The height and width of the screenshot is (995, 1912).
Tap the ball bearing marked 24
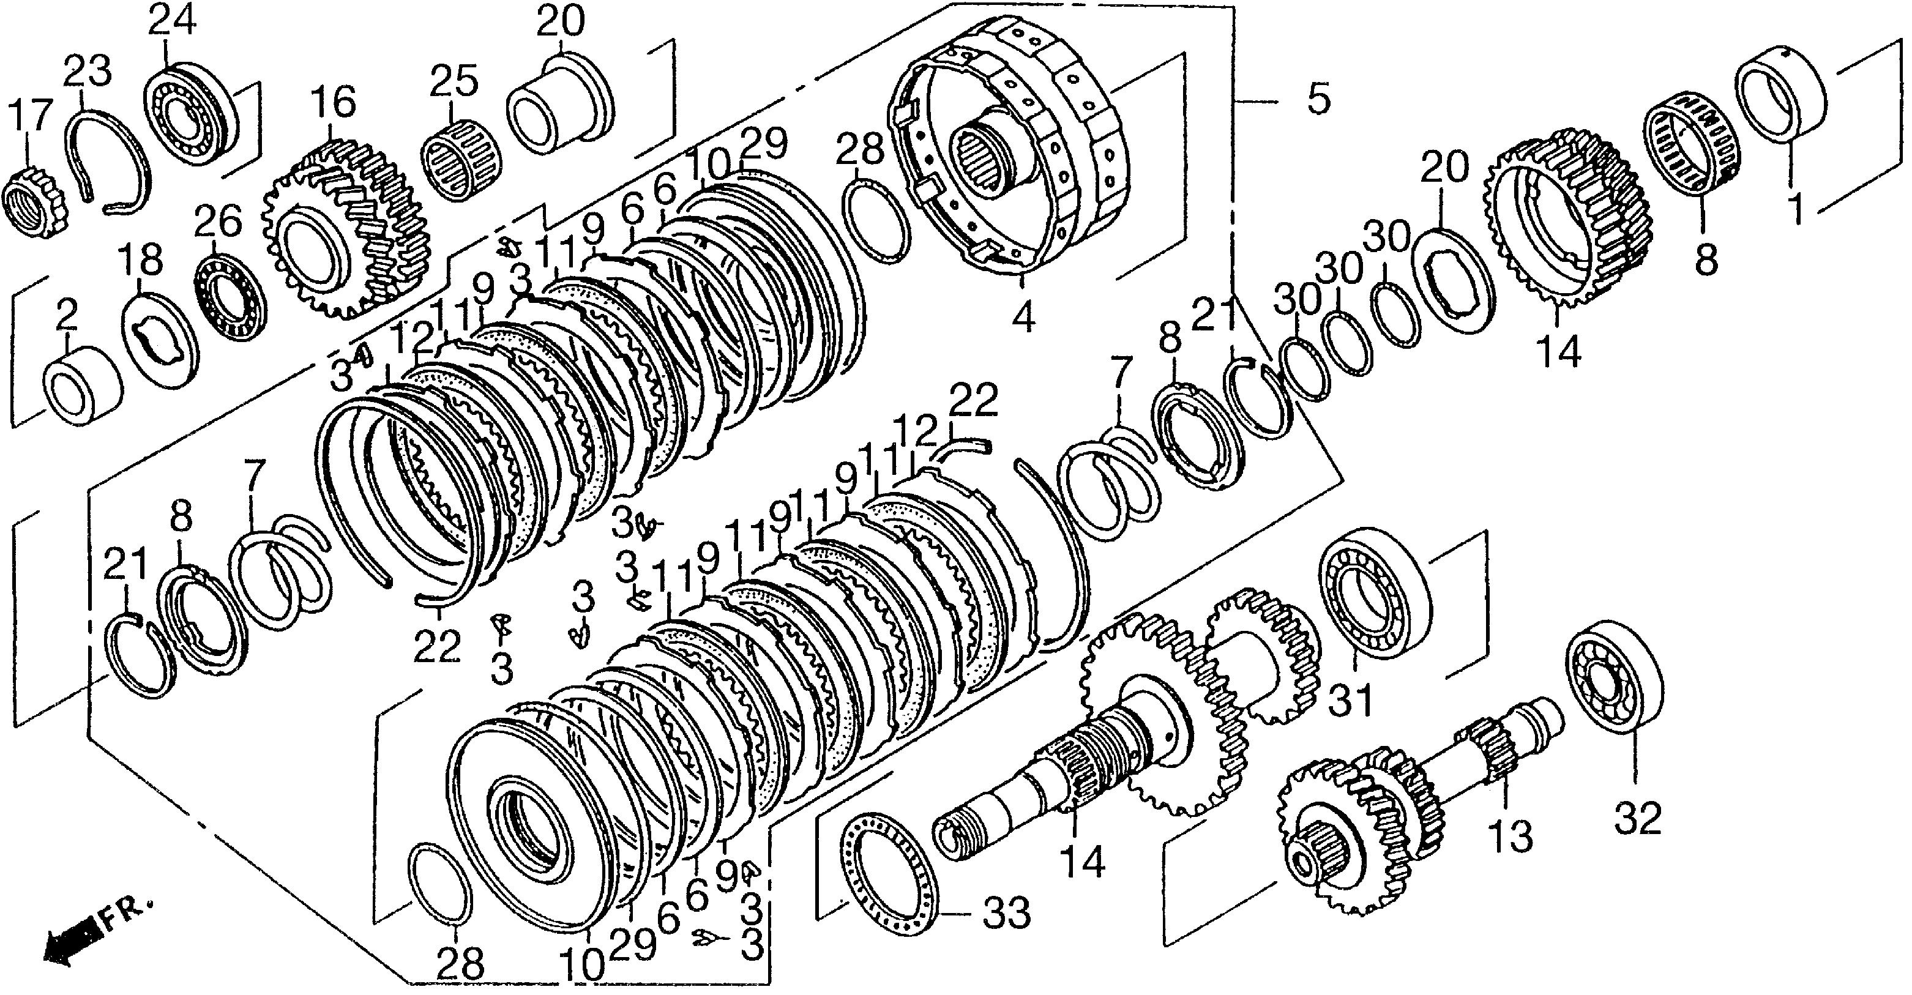(x=193, y=119)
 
